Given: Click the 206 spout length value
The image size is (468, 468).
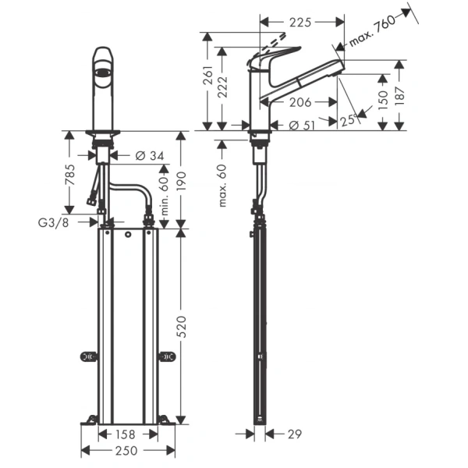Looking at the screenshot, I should tap(297, 102).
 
